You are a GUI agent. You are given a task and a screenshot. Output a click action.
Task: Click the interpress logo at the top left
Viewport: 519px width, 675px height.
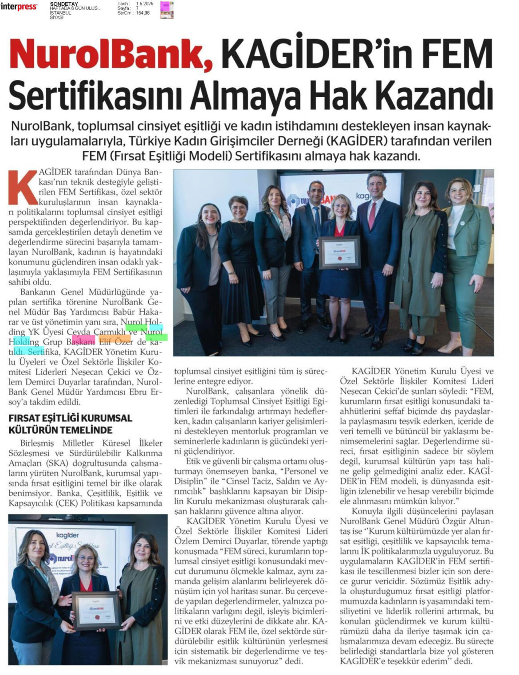coord(19,7)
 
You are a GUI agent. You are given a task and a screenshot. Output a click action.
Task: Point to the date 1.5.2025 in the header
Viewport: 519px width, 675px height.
coord(145,4)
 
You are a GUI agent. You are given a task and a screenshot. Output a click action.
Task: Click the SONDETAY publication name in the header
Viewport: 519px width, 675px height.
coord(64,4)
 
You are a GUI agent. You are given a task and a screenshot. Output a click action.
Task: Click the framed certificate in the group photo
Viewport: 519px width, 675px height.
coord(339,252)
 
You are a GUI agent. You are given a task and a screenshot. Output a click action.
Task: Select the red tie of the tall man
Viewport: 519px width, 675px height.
coord(372,215)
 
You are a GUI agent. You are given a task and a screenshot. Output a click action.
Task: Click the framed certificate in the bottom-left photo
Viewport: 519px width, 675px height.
coord(96,610)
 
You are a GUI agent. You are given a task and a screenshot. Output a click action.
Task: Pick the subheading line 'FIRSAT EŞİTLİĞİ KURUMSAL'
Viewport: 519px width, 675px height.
coord(71,418)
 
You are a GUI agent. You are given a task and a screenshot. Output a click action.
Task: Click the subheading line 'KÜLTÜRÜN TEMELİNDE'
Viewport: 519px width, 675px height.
coord(60,430)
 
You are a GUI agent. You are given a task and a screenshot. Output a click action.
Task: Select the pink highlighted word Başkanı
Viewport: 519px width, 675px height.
coord(81,342)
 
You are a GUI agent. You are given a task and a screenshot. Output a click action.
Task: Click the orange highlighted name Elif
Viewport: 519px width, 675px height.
coord(105,342)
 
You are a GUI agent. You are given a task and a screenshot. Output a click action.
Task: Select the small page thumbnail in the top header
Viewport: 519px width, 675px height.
coord(167,9)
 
